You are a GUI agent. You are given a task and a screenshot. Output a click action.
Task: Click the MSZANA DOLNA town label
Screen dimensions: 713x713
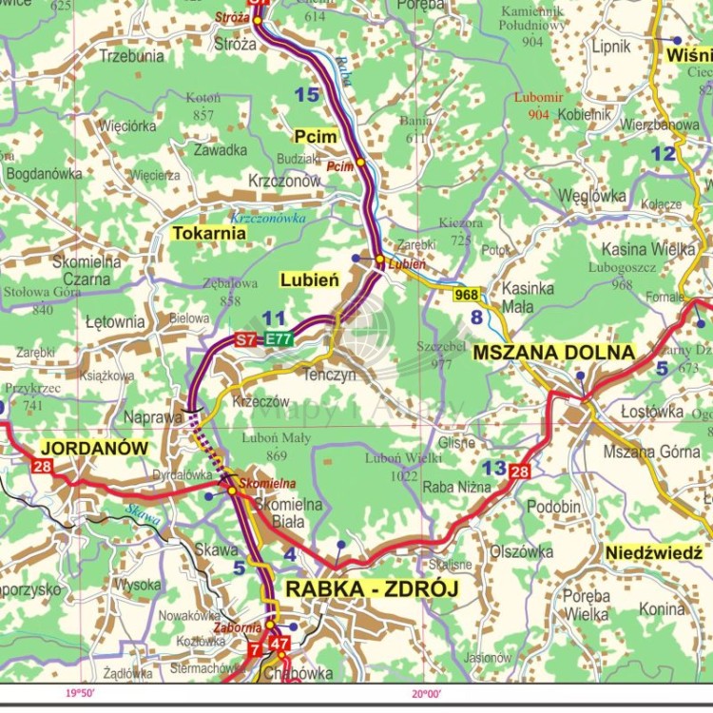click(554, 353)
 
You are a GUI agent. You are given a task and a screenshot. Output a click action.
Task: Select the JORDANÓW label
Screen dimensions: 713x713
click(93, 447)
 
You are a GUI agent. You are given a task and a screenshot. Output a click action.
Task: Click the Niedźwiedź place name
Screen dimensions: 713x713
click(654, 552)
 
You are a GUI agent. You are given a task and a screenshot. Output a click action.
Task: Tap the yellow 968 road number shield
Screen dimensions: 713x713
click(467, 295)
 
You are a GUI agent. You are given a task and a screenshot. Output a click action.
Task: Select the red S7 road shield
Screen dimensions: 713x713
click(247, 338)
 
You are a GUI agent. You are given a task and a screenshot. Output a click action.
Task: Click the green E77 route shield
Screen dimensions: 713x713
click(279, 338)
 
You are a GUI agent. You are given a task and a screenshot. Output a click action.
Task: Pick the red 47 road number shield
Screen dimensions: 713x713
click(279, 644)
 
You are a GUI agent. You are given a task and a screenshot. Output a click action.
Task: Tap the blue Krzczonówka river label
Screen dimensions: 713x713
click(268, 218)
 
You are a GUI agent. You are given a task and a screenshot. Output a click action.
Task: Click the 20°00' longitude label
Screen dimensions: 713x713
click(426, 694)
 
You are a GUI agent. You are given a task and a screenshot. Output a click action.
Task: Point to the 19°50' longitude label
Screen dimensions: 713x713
click(81, 694)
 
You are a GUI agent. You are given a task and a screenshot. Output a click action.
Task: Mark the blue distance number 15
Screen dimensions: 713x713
click(306, 94)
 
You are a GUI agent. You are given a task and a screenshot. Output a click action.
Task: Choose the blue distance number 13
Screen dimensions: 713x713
click(493, 468)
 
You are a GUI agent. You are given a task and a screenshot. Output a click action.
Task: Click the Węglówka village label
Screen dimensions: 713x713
click(592, 196)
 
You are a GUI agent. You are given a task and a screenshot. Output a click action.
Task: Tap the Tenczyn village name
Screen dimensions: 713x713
click(328, 376)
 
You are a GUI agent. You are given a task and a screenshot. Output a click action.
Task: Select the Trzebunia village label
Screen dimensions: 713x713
click(131, 56)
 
